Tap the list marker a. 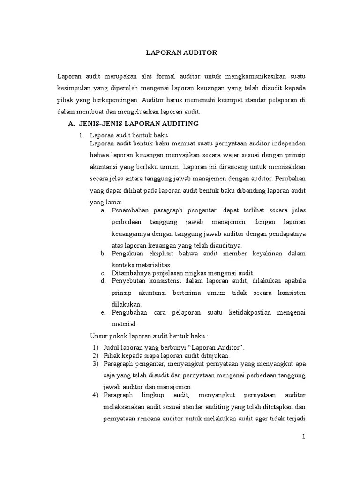[103, 210]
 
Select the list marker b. [103, 254]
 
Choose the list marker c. [103, 273]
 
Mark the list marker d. [103, 281]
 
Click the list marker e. [103, 312]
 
